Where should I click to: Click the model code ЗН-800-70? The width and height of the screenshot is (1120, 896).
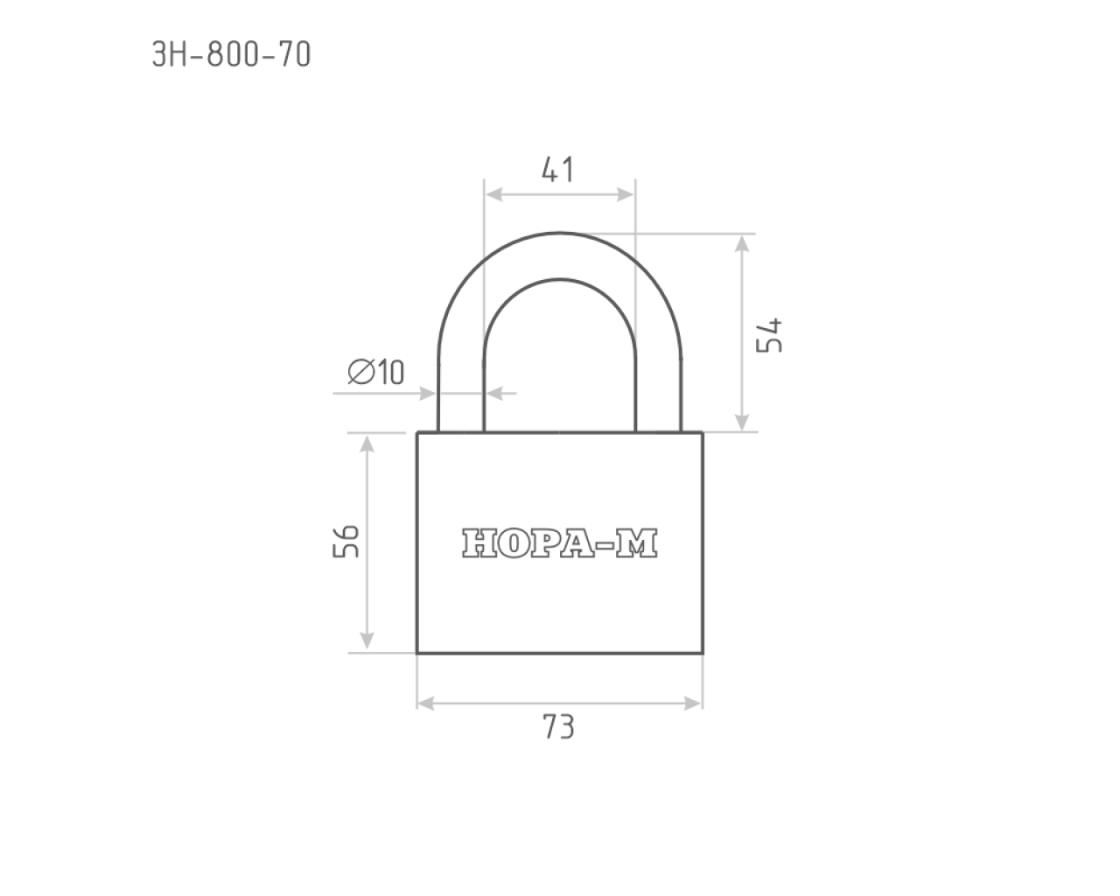231,54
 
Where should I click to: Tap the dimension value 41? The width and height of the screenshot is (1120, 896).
557,169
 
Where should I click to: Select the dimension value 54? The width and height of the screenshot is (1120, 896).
769,335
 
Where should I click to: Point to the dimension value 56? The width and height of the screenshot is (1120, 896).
346,542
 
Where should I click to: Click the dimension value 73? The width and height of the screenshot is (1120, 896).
558,727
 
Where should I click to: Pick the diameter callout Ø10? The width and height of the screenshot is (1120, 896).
375,372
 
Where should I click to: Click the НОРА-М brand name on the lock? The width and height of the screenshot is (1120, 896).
559,543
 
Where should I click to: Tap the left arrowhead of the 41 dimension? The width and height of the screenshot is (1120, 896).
493,195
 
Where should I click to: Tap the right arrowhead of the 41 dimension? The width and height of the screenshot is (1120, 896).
626,195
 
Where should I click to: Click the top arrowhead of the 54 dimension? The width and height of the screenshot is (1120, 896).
742,243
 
